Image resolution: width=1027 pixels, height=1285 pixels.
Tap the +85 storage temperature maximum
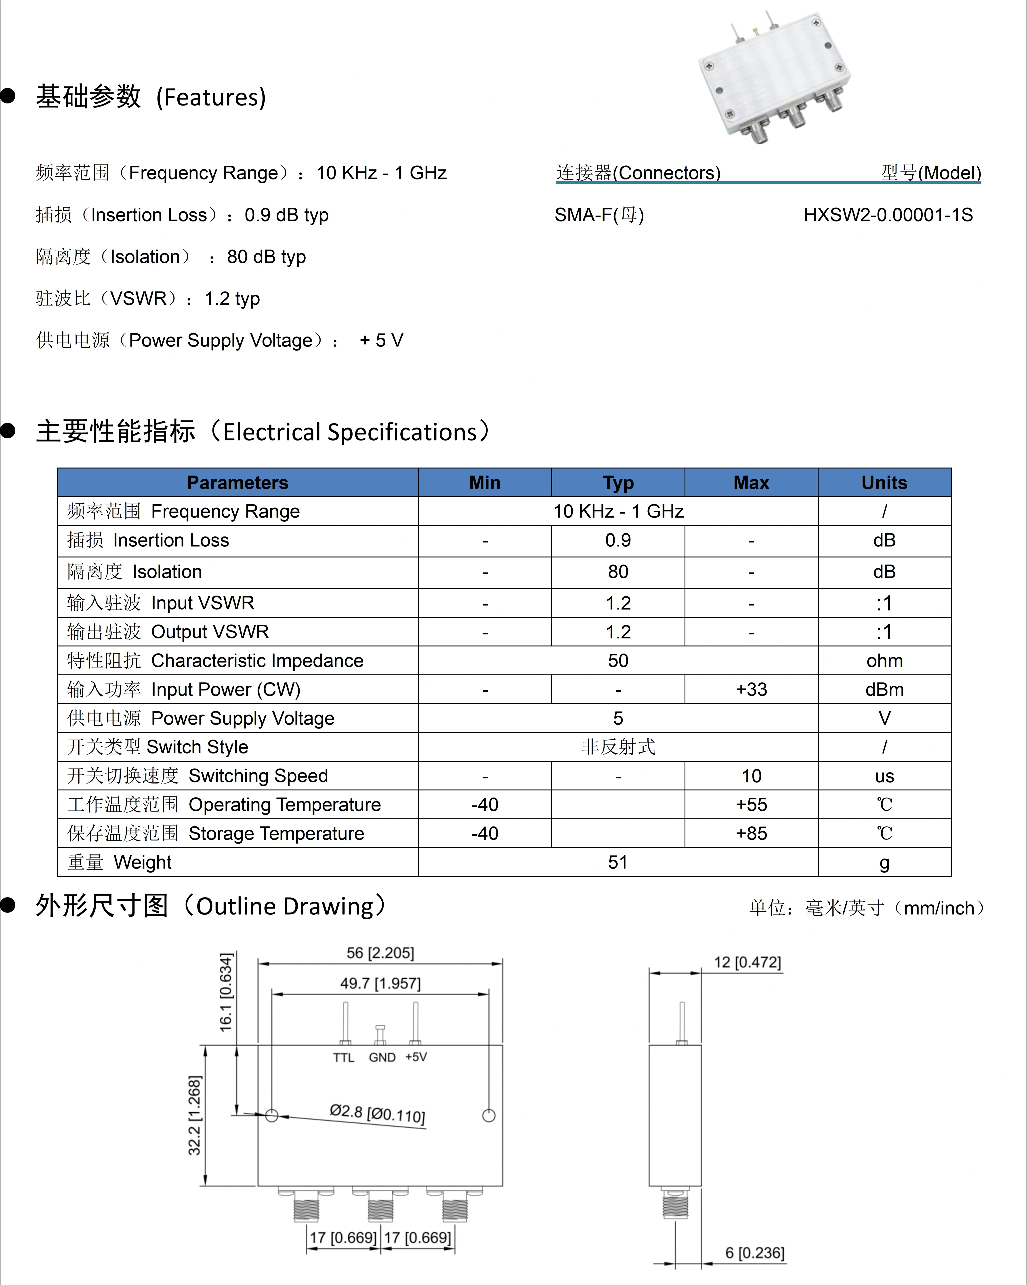coord(751,833)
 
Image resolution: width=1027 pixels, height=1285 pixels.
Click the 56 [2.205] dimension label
coord(380,952)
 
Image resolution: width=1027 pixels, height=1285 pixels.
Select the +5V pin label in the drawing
coord(416,1057)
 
